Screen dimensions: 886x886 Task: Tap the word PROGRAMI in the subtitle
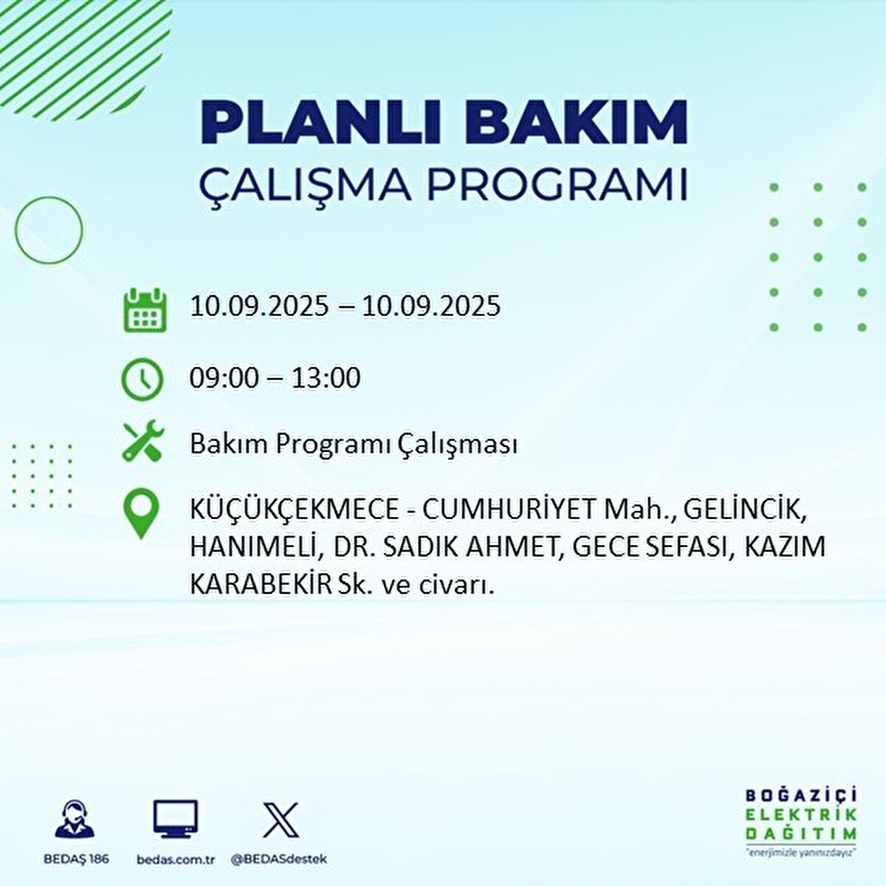coord(557,186)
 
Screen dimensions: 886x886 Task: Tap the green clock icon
coord(142,379)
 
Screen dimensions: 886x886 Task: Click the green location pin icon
coord(141,515)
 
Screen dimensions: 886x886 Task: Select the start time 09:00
coord(224,378)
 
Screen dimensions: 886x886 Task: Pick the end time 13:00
coord(326,378)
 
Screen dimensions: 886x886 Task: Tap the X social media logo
coord(281,820)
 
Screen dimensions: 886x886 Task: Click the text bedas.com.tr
coord(176,859)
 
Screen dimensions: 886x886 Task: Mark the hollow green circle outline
coord(49,230)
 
